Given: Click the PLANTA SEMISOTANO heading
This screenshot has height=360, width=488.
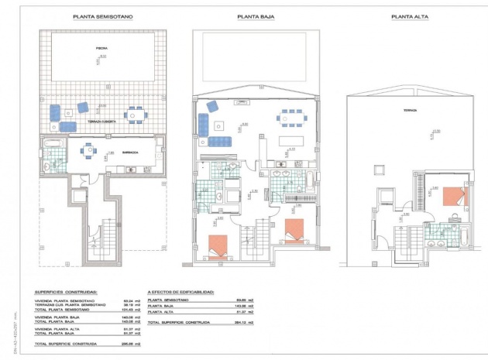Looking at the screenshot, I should [x=101, y=15].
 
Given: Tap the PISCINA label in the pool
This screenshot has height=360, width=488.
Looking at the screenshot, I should [x=102, y=48].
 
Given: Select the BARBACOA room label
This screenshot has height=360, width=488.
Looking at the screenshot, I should [x=130, y=153].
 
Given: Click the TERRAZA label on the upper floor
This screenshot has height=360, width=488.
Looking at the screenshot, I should [x=410, y=110].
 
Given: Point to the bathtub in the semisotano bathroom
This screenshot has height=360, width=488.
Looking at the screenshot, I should [x=54, y=146].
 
